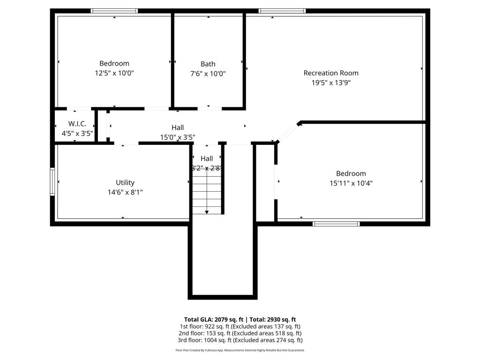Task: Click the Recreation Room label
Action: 331,73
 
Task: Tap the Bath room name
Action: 208,64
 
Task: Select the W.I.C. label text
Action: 77,124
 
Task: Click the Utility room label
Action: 125,182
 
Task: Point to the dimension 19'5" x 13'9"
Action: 331,83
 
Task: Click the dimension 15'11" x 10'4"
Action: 351,183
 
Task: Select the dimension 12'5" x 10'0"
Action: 114,73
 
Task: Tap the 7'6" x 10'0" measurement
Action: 208,74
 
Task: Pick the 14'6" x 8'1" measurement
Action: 125,192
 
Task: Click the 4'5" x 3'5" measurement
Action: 77,133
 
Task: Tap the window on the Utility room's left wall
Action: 52,181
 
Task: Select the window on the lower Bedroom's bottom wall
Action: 336,224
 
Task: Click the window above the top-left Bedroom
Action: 114,11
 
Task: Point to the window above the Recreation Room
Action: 282,11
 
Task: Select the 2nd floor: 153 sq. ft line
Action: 240,333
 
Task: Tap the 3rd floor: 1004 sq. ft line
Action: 240,340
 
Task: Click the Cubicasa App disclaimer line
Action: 240,350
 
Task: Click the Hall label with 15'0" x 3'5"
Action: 178,127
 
